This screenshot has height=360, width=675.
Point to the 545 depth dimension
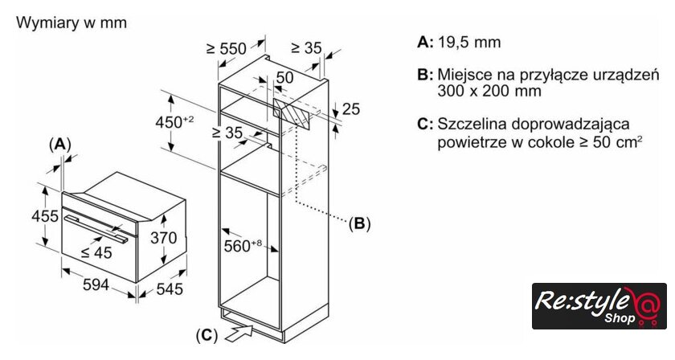tap(169, 288)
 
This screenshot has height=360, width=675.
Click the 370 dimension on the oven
tap(163, 238)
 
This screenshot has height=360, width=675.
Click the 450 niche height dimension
tap(174, 121)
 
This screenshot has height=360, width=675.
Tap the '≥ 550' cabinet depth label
tap(227, 49)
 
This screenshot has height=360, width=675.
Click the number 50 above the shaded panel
tap(285, 77)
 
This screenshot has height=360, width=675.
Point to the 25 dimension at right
tap(350, 109)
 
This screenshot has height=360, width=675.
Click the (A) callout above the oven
tap(60, 144)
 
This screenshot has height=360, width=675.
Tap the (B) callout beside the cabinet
tap(360, 224)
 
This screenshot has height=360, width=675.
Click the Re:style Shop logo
tap(599, 306)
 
